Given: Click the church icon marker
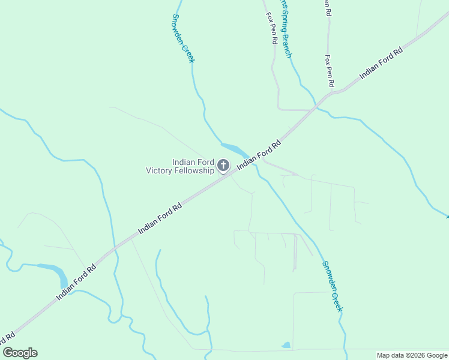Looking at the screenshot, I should (x=223, y=165).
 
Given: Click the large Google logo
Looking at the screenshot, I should (x=20, y=353).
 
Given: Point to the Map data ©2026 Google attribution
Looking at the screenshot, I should (x=412, y=355).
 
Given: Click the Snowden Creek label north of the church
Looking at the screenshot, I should (x=184, y=38).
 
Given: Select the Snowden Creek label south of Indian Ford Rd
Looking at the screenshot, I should (x=332, y=286).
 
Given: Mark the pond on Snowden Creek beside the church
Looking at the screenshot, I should (x=234, y=148).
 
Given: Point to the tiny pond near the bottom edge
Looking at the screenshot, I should (x=286, y=345).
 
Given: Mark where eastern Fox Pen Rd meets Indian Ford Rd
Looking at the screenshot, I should (x=330, y=94).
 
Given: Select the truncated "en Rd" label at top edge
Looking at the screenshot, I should (x=328, y=7).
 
